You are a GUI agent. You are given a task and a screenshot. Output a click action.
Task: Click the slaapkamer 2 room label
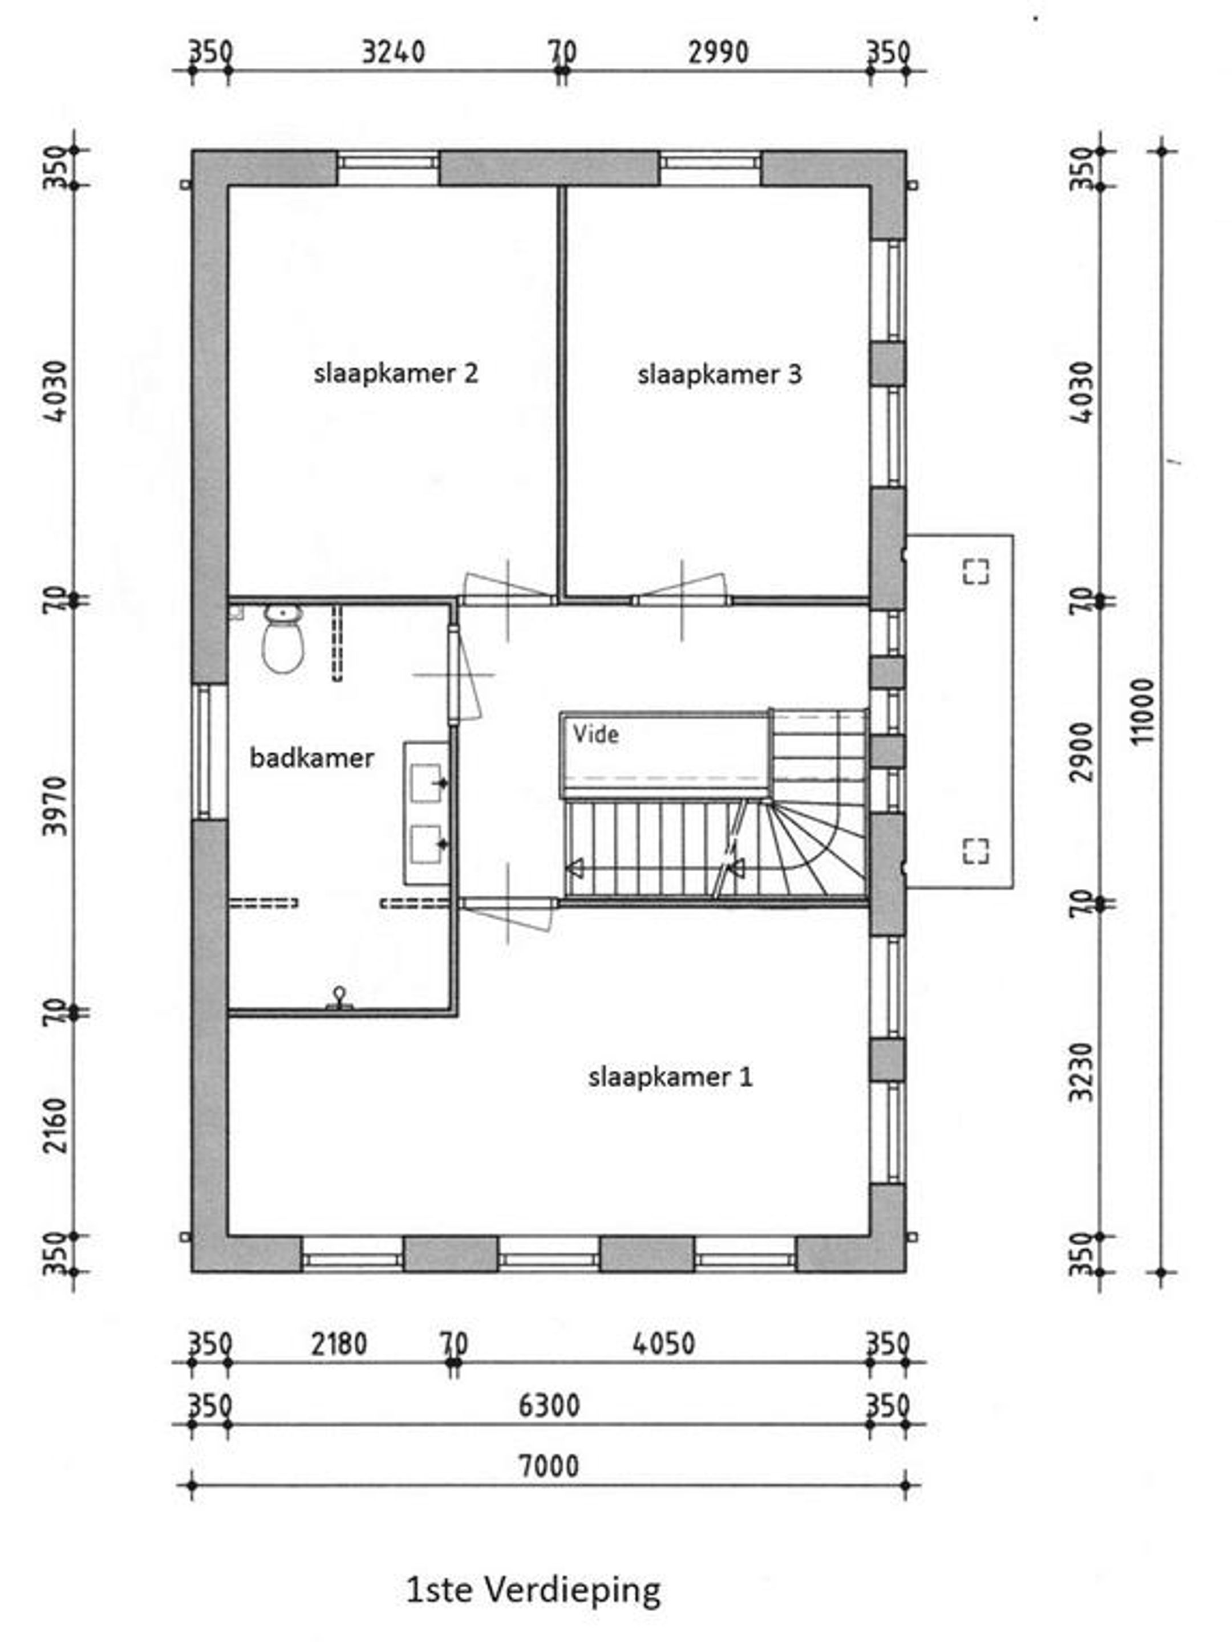click(x=396, y=373)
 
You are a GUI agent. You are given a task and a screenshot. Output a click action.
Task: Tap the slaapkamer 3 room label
click(x=720, y=374)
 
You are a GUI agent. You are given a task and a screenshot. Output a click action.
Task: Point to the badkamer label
click(x=312, y=758)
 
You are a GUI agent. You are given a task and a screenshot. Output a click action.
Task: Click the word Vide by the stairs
click(x=595, y=735)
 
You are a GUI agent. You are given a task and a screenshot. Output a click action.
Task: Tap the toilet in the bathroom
click(x=283, y=639)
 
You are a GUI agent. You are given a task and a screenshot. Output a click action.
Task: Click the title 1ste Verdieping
click(x=533, y=1590)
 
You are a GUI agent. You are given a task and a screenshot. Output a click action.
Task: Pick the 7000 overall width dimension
click(x=549, y=1466)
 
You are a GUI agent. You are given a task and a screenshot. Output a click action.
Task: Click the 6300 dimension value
click(x=549, y=1405)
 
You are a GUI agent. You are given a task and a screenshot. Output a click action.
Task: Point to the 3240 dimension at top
click(x=394, y=52)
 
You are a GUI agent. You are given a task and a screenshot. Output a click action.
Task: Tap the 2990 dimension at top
click(x=718, y=52)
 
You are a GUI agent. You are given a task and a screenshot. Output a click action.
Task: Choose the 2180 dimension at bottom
click(x=339, y=1344)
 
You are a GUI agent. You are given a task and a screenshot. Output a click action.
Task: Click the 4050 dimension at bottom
click(x=664, y=1344)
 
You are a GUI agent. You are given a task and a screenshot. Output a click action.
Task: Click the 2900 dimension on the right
click(x=1084, y=751)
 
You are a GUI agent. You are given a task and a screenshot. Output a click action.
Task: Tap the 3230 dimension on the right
click(x=1084, y=1072)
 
